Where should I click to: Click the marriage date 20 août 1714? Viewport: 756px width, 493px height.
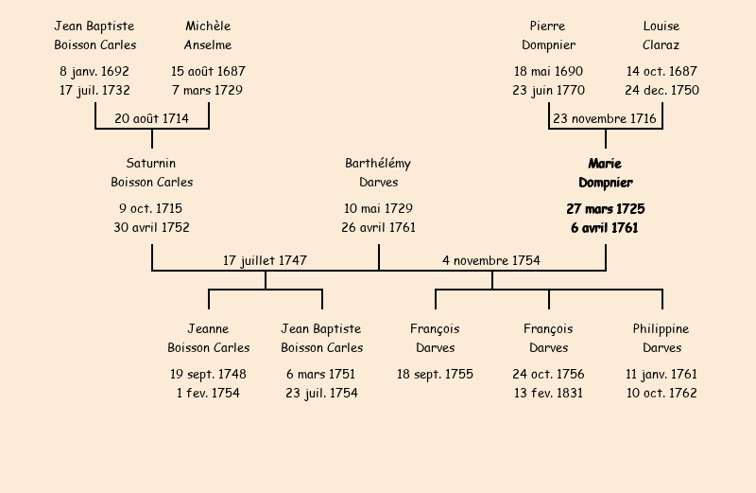coord(151,118)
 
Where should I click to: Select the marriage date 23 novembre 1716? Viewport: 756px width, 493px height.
coord(605,118)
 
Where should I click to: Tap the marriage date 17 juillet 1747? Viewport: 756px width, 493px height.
coord(265,260)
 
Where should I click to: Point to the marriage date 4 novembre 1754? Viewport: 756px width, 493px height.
coord(491,260)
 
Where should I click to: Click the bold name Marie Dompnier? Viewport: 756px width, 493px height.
coord(605,173)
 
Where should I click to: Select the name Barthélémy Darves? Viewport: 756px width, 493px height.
coord(378,173)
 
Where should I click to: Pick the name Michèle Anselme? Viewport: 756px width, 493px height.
coord(208,36)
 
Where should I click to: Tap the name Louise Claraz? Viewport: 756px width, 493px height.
coord(661,36)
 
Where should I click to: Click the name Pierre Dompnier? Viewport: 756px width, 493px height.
coord(548,36)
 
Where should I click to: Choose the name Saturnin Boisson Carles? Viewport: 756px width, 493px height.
coord(151,173)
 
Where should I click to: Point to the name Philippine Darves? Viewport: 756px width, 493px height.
coord(661,339)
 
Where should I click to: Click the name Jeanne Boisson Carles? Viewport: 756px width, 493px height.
coord(208,339)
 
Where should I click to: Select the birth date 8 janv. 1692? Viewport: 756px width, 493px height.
coord(94,71)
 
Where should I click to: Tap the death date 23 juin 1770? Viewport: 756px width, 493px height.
coord(548,91)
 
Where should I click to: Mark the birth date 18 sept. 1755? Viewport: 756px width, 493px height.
coord(435,374)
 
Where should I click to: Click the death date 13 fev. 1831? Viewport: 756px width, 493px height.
coord(548,394)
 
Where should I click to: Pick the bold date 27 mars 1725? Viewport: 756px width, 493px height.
coord(605,208)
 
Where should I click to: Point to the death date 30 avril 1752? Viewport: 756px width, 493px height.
coord(151,228)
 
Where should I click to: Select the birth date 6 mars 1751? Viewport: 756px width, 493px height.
coord(321,374)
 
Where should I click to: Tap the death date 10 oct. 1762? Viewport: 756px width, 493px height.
coord(661,394)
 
